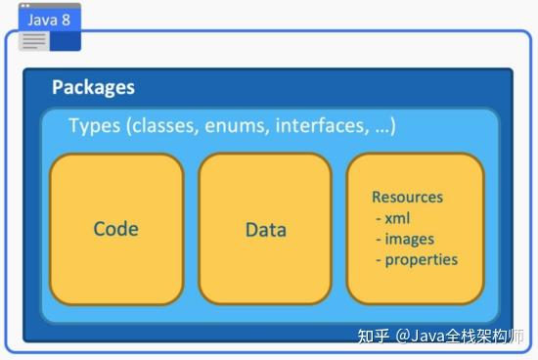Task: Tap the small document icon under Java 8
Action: click(x=34, y=40)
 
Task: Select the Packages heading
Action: click(x=93, y=88)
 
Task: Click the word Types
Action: click(x=93, y=126)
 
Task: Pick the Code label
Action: click(x=115, y=229)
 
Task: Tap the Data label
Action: click(x=265, y=230)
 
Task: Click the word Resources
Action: click(x=407, y=197)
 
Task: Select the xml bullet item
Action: click(x=397, y=217)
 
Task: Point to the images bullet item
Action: click(x=409, y=238)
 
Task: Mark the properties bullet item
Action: click(x=421, y=259)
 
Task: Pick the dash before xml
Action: click(x=378, y=218)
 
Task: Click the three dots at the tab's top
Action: click(x=24, y=6)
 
